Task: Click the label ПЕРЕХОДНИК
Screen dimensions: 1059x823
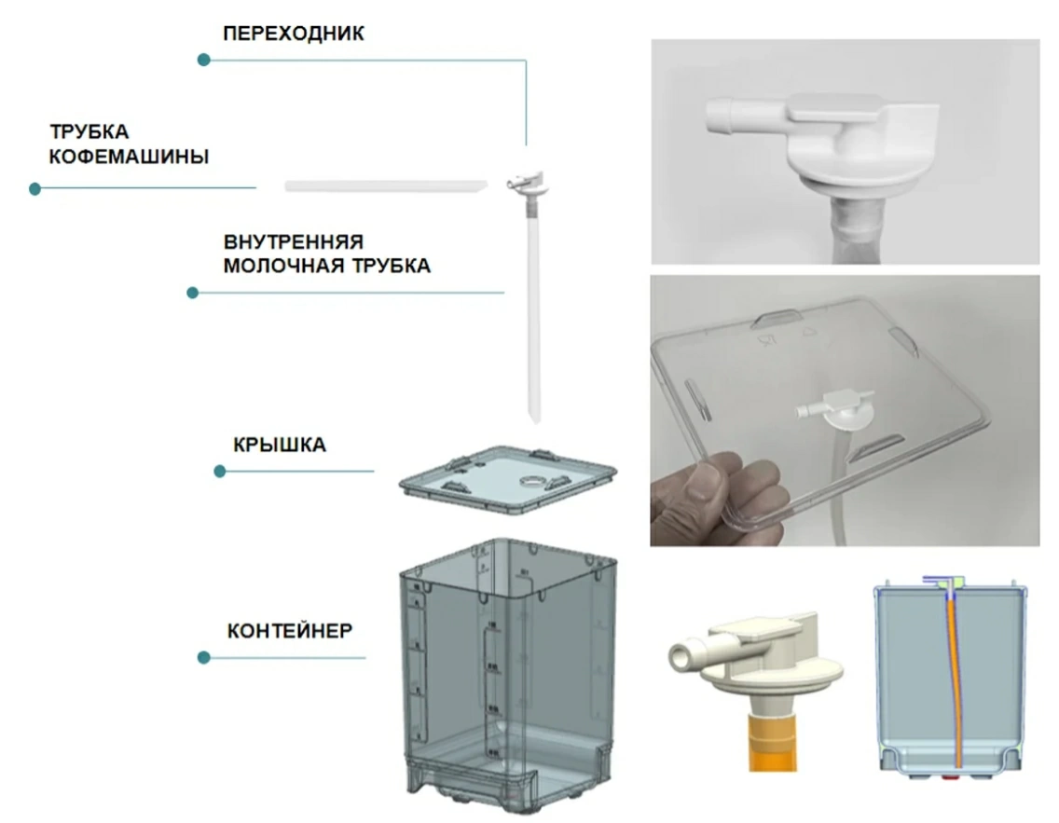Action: click(293, 33)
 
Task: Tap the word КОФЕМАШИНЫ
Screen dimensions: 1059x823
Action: click(129, 156)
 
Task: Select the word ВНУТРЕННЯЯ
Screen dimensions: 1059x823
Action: click(293, 241)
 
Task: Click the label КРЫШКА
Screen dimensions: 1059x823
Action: click(280, 445)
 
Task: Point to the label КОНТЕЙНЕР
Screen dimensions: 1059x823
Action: click(290, 631)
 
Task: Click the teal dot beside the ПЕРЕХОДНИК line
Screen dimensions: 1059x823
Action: click(204, 60)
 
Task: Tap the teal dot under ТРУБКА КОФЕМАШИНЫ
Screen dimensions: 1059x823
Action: click(35, 188)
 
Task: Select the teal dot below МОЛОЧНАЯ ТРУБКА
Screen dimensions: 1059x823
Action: click(192, 293)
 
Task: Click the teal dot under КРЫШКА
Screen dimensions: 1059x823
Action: click(219, 472)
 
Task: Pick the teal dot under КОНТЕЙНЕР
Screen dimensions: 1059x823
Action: click(204, 657)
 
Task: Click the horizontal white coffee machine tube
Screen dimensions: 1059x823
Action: click(386, 185)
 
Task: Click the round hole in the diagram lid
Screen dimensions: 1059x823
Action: click(532, 481)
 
